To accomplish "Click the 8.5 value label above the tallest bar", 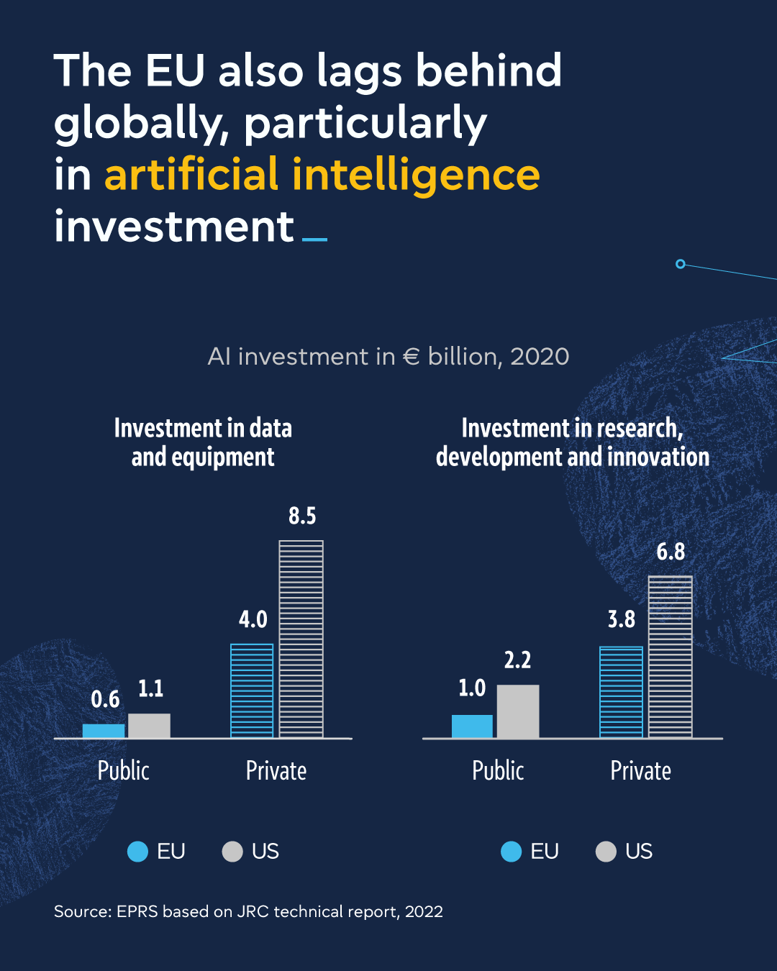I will [302, 516].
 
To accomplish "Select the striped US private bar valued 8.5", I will [301, 639].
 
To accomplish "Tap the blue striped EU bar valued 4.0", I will [252, 690].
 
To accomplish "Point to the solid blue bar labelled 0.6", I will [104, 731].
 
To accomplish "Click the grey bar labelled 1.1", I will [149, 726].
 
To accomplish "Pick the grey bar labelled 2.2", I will [517, 711].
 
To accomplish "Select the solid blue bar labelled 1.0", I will [472, 726].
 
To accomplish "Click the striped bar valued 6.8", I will [670, 657].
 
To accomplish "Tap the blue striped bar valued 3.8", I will [621, 692].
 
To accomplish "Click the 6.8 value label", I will [671, 552].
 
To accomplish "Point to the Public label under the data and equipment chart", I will [124, 770].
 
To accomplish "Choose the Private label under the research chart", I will [640, 770].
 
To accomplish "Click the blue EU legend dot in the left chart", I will [137, 852].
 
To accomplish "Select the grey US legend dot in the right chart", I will [606, 852].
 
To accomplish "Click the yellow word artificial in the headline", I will [191, 175].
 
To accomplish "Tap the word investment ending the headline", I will [174, 227].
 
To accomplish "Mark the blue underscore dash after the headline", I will [314, 239].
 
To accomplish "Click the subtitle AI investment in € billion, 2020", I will [388, 356].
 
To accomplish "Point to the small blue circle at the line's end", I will [681, 264].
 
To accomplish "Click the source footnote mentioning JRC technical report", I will [248, 911].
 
